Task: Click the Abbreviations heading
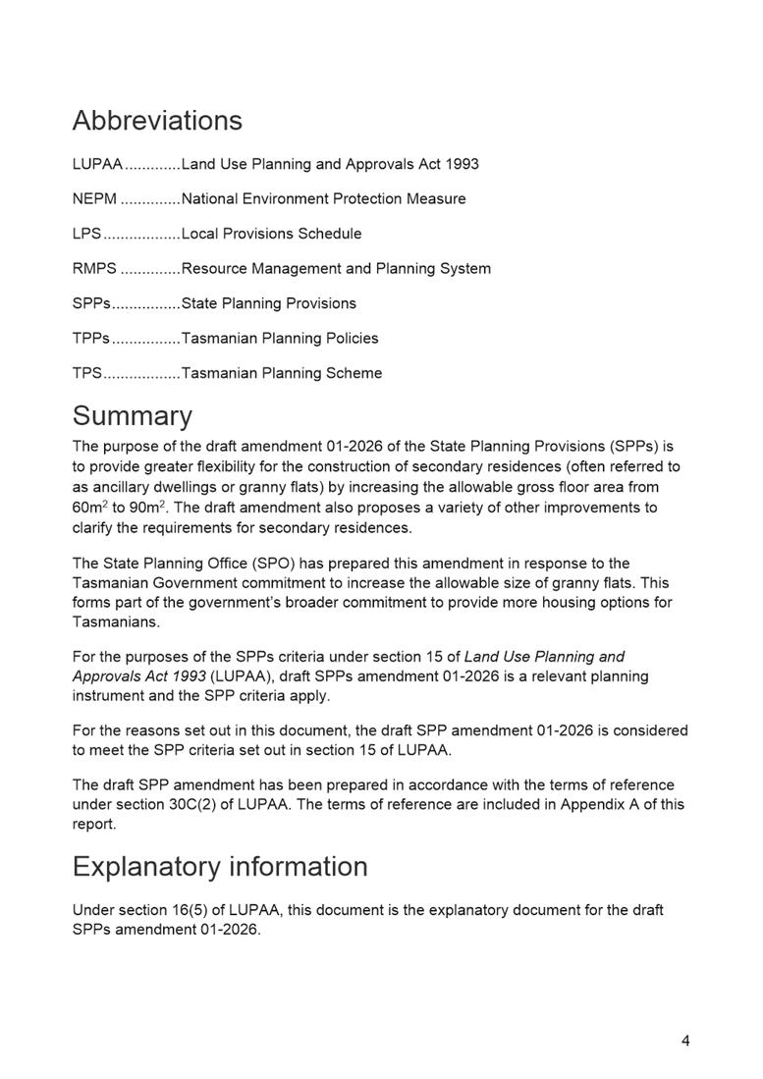tap(157, 121)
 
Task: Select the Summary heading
tap(132, 415)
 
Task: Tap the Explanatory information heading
tap(220, 867)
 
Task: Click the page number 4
tap(685, 1041)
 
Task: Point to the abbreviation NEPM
tap(94, 199)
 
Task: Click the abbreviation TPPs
tap(91, 339)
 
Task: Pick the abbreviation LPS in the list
tap(86, 234)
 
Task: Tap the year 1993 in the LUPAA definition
tap(462, 164)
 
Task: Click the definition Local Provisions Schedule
tap(271, 234)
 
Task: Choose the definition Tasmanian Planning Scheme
tap(282, 373)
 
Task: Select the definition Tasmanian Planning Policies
tap(280, 339)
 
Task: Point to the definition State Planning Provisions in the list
tap(269, 303)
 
